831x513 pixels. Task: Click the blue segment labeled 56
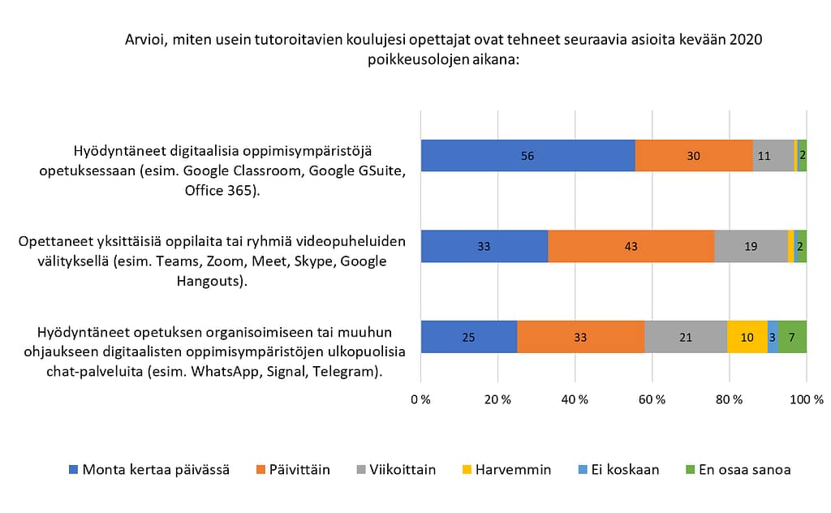coord(527,156)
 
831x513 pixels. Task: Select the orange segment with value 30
coord(694,156)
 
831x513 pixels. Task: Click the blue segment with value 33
coord(484,246)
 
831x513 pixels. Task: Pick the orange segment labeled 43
coord(631,246)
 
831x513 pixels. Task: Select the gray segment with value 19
coord(751,246)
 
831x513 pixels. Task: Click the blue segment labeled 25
coord(469,337)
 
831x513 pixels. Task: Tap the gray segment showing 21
coord(686,337)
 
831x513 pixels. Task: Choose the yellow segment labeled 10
coord(747,337)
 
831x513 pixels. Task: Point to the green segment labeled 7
coord(792,337)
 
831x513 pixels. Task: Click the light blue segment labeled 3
coord(773,337)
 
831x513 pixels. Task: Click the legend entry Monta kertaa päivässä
coord(149,469)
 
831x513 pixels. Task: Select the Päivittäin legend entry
coord(292,469)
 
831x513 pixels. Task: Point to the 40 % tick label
coord(575,399)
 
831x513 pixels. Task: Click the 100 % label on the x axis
coord(806,399)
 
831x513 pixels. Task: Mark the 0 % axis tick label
coord(420,399)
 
